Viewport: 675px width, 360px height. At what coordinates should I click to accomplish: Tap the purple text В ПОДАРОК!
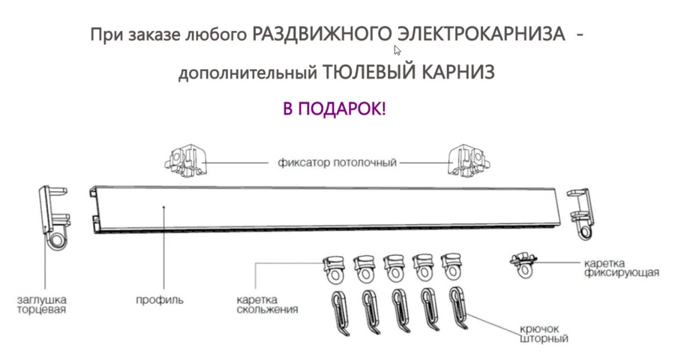[334, 109]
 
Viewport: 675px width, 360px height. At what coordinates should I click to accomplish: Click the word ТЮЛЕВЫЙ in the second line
[366, 73]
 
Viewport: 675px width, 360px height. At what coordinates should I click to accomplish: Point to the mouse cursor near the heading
[397, 51]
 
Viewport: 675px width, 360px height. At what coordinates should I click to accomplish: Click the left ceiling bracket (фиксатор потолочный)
[184, 160]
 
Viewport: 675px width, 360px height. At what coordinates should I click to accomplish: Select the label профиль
[159, 300]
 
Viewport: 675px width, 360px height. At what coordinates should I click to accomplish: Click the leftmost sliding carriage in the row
[334, 268]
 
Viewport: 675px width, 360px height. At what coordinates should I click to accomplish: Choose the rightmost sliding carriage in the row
[452, 268]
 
